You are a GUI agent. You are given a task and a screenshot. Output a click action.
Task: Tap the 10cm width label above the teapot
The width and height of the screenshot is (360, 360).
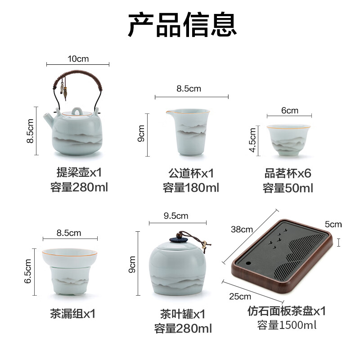(78, 59)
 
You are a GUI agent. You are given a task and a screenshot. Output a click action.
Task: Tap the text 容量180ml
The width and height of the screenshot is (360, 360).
(191, 188)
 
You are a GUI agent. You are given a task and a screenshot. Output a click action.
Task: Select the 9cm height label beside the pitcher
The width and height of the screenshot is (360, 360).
(141, 134)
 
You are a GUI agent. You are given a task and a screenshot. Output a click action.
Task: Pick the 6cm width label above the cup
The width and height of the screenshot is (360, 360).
(289, 111)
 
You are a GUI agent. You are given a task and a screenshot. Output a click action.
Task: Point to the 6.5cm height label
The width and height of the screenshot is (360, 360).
(28, 271)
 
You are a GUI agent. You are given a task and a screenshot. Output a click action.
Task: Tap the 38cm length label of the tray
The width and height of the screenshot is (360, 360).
(241, 229)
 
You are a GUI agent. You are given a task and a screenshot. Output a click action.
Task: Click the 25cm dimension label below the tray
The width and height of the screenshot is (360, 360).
(240, 296)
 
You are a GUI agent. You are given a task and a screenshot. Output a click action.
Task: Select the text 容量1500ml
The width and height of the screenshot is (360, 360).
(287, 325)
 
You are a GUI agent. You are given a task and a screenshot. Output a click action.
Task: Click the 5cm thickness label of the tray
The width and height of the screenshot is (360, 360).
(333, 224)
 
